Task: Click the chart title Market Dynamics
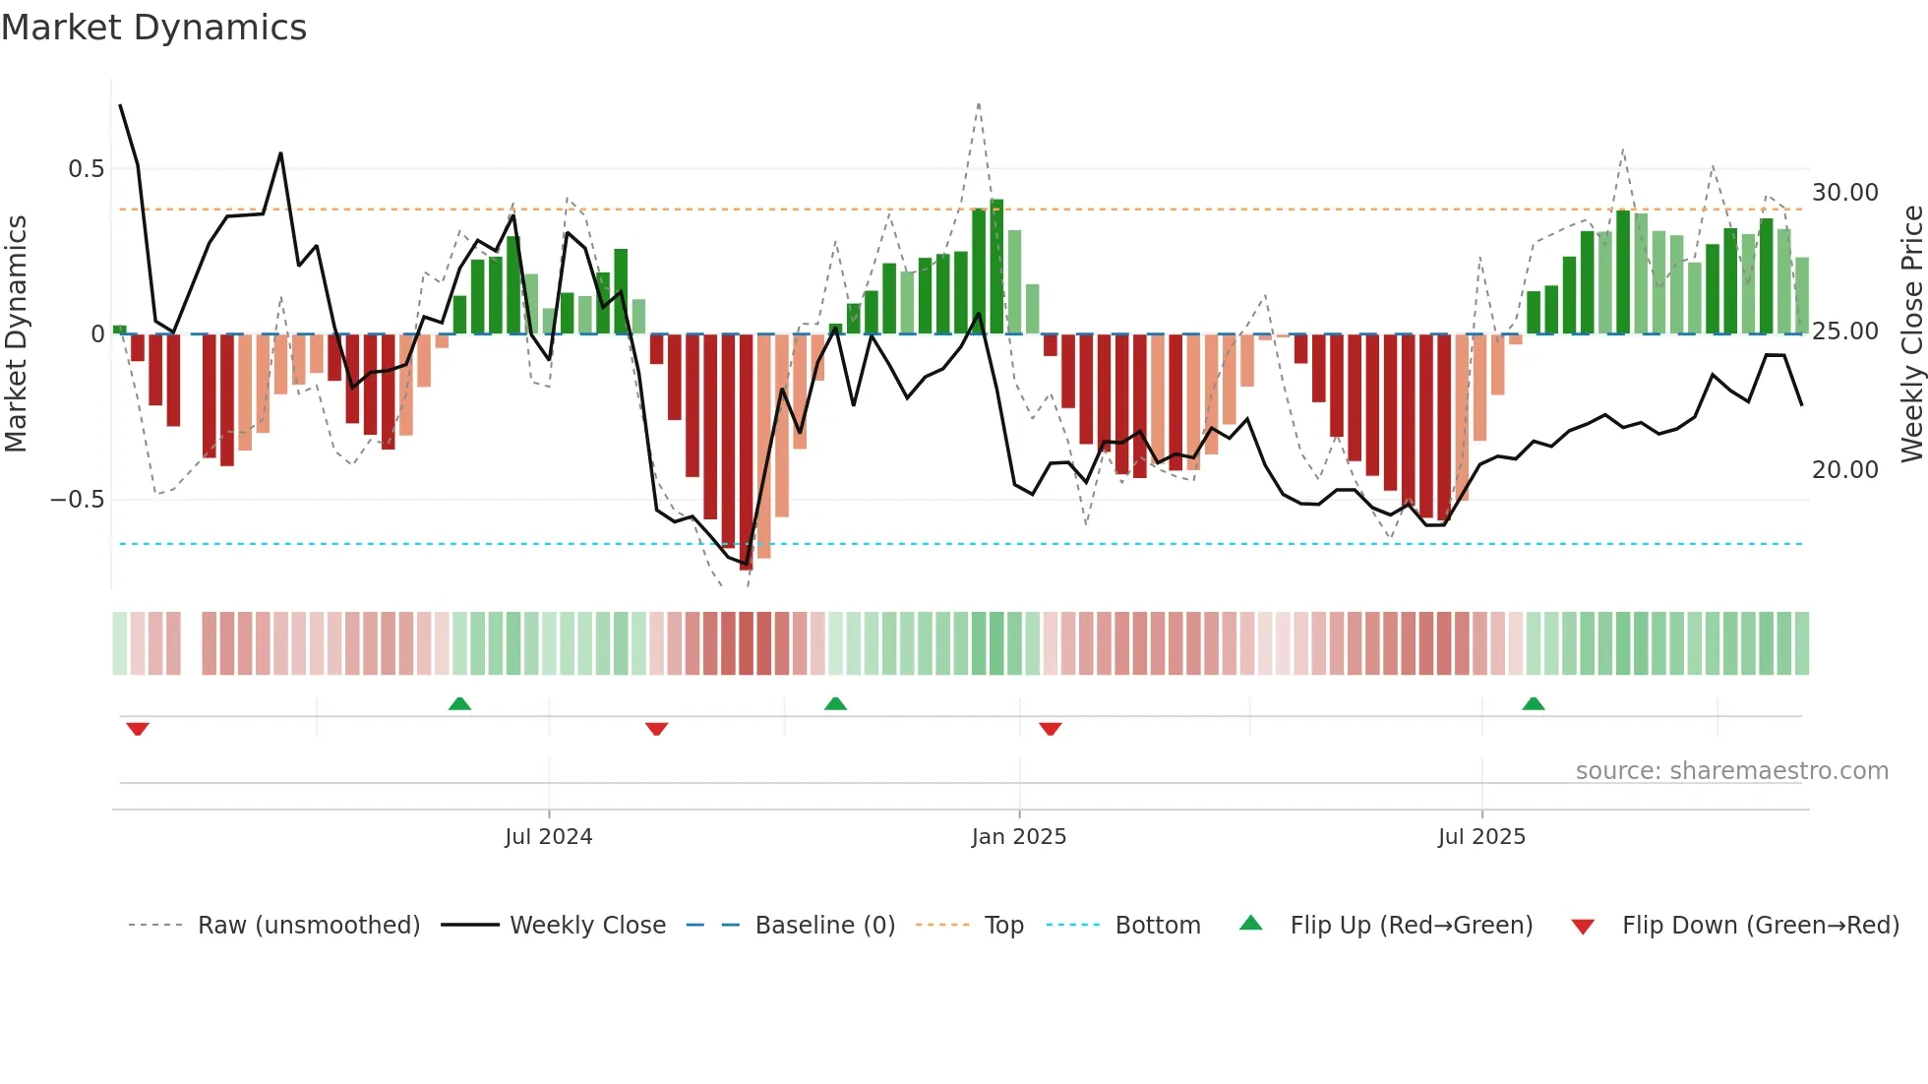[x=153, y=28]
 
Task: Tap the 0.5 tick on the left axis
[x=86, y=169]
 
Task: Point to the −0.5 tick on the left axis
[x=77, y=500]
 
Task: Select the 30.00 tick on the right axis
[x=1844, y=193]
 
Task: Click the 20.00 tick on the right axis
[x=1844, y=470]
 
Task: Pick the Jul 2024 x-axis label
[x=548, y=837]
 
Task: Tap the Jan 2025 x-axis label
[x=1018, y=837]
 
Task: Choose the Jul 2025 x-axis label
[x=1481, y=837]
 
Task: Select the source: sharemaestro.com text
[x=1731, y=771]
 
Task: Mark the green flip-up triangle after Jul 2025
[x=1533, y=703]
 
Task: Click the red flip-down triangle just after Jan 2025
[x=1050, y=729]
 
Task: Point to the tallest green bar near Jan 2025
[x=996, y=266]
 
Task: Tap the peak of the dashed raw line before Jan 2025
[x=979, y=104]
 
